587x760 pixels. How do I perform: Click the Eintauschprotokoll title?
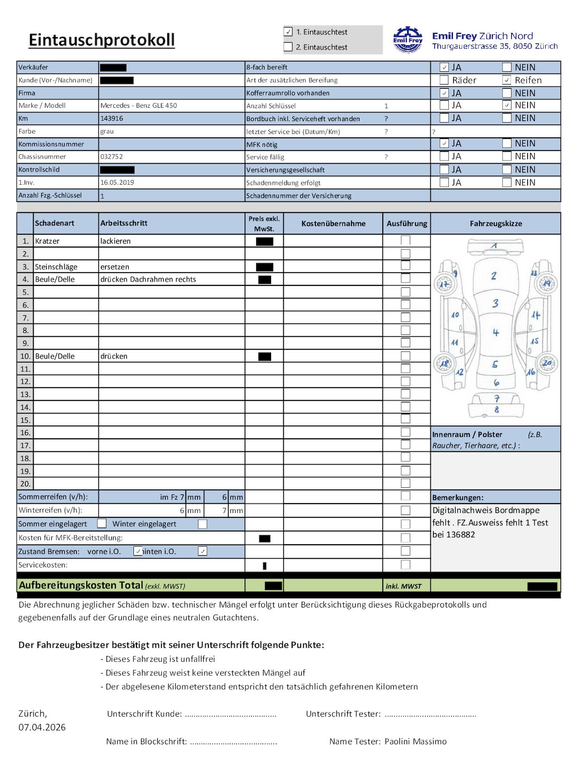point(102,40)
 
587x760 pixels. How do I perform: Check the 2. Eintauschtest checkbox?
point(288,47)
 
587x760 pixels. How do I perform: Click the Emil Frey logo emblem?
point(407,39)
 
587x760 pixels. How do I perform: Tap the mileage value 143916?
point(112,118)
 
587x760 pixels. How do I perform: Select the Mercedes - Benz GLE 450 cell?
point(139,105)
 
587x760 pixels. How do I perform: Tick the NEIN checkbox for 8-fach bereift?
point(507,67)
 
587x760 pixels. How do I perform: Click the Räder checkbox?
point(444,80)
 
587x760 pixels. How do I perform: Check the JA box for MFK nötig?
point(444,143)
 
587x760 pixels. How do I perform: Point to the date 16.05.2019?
point(117,182)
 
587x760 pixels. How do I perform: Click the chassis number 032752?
point(112,157)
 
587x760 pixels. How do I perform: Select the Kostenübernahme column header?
point(333,223)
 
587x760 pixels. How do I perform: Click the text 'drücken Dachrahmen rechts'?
point(148,279)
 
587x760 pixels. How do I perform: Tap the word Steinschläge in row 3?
point(56,267)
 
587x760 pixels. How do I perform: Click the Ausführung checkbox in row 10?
point(406,356)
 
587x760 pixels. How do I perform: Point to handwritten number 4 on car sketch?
point(495,332)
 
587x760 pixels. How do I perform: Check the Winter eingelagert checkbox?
point(202,524)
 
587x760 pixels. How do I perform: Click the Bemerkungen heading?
point(458,498)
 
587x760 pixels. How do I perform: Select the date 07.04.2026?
point(42,727)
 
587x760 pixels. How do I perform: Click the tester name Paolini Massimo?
point(416,741)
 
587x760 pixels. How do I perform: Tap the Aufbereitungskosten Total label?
point(81,585)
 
